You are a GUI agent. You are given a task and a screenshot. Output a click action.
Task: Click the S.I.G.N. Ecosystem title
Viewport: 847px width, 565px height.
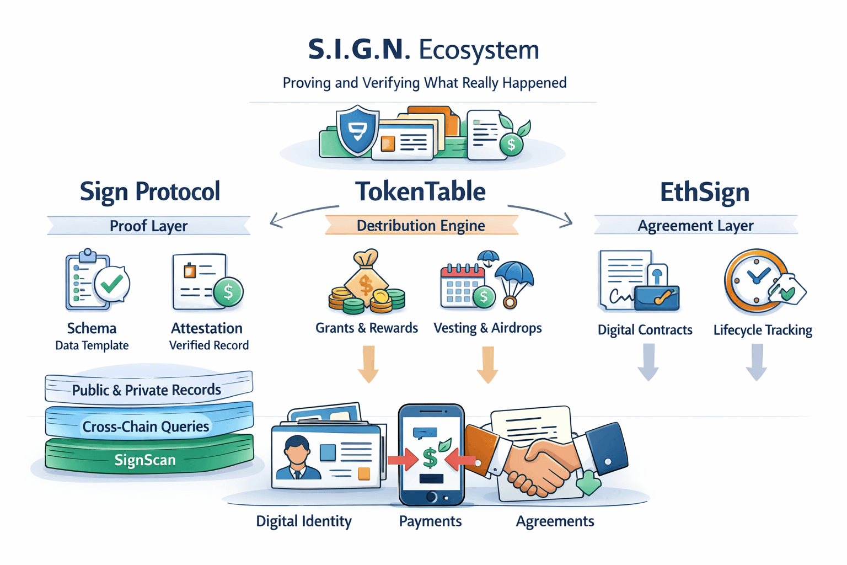(x=423, y=50)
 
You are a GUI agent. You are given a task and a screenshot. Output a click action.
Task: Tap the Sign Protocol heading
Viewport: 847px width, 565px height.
(x=149, y=191)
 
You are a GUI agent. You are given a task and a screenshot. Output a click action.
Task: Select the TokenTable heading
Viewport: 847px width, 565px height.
(x=420, y=191)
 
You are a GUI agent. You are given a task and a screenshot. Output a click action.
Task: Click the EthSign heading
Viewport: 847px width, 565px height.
(x=704, y=192)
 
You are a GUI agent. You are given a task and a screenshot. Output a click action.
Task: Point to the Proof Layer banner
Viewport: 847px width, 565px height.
(x=148, y=226)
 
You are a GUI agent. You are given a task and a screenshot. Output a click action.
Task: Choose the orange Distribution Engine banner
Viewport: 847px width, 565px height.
(x=421, y=226)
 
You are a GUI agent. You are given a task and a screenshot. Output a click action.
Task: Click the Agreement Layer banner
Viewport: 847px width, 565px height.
(x=695, y=226)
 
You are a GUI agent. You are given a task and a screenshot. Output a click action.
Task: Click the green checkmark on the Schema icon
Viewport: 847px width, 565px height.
(x=112, y=284)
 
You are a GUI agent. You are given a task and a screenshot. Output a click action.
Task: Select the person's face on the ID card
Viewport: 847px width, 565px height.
(x=297, y=451)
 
